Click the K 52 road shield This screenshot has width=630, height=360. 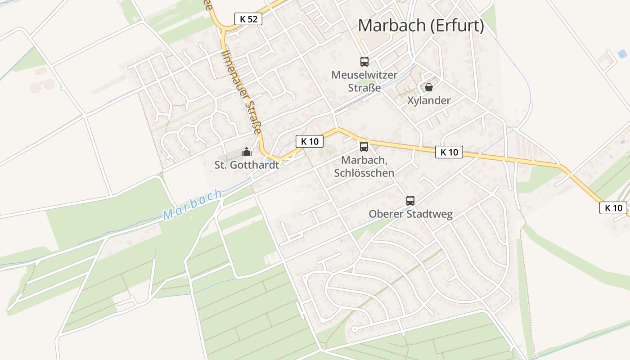click(248, 19)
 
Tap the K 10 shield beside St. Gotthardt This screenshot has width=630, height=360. click(310, 141)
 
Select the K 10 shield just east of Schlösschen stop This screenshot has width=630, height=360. click(449, 152)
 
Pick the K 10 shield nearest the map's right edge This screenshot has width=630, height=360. click(613, 208)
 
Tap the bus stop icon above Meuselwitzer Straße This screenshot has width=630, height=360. click(364, 62)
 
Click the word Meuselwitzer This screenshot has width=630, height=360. click(364, 75)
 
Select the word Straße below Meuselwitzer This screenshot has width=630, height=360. click(364, 88)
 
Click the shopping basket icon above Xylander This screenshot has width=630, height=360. click(428, 87)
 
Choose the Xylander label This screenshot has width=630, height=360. click(428, 100)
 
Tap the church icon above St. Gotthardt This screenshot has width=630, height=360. click(246, 152)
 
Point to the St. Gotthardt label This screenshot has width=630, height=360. click(247, 165)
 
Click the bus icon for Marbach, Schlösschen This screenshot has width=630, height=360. click(364, 146)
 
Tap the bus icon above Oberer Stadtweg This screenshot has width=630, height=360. click(410, 201)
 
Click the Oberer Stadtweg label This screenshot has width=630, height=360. click(410, 214)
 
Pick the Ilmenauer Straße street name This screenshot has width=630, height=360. click(241, 92)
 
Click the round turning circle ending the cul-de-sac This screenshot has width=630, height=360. click(355, 329)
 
